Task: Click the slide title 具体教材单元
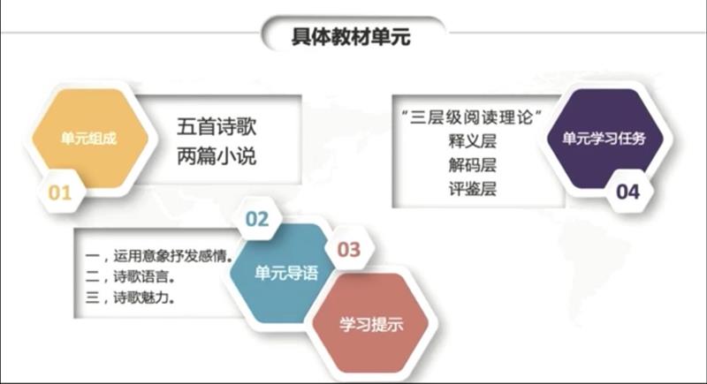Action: (351, 37)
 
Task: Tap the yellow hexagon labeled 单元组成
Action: (89, 138)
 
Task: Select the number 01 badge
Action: (60, 192)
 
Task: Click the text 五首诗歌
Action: (217, 126)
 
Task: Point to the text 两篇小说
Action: (217, 156)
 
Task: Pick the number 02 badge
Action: (257, 219)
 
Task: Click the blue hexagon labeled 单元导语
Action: (285, 273)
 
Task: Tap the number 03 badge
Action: (349, 250)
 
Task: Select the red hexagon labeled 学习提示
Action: (371, 324)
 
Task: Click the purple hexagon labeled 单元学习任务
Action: (604, 138)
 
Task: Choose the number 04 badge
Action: (628, 192)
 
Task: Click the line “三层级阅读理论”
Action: (471, 117)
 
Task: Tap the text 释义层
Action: (472, 141)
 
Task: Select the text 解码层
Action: (472, 165)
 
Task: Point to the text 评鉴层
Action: (472, 189)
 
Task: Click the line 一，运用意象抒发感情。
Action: (160, 256)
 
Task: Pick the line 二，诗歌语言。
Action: (130, 276)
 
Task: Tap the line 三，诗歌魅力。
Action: (130, 297)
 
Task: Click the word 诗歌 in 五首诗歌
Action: (236, 126)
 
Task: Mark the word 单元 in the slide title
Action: (391, 37)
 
